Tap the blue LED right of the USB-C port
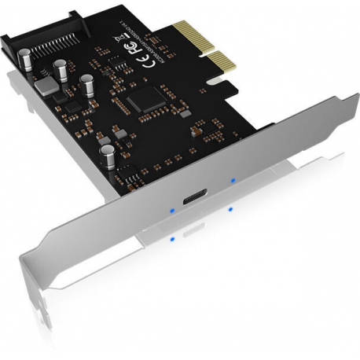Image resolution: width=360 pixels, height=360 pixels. [x=232, y=180]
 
